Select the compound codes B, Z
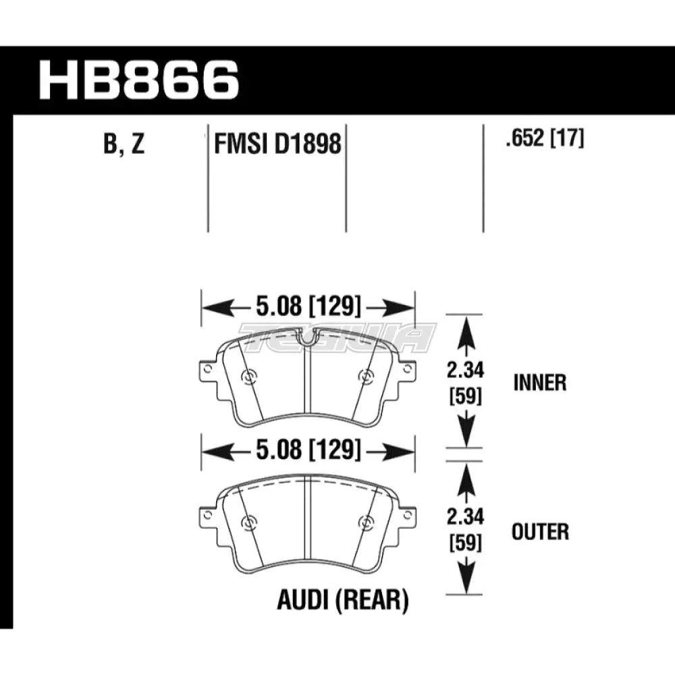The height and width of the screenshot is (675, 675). (124, 144)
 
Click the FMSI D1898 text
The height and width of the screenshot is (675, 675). (277, 144)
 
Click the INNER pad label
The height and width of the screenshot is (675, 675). (540, 383)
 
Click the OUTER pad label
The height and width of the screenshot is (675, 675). (541, 531)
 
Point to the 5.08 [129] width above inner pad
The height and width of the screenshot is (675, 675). (308, 308)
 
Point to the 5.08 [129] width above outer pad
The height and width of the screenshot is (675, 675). (308, 451)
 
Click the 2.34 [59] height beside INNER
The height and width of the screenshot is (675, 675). (466, 382)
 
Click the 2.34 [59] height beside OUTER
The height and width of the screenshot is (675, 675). (466, 530)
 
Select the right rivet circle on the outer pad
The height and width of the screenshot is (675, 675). (367, 521)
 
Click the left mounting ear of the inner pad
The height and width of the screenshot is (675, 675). (208, 371)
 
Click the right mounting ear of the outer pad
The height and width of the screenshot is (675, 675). (407, 516)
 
